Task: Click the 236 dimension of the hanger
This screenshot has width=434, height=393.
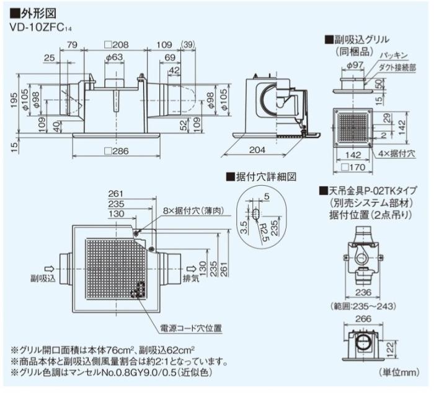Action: (362, 293)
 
